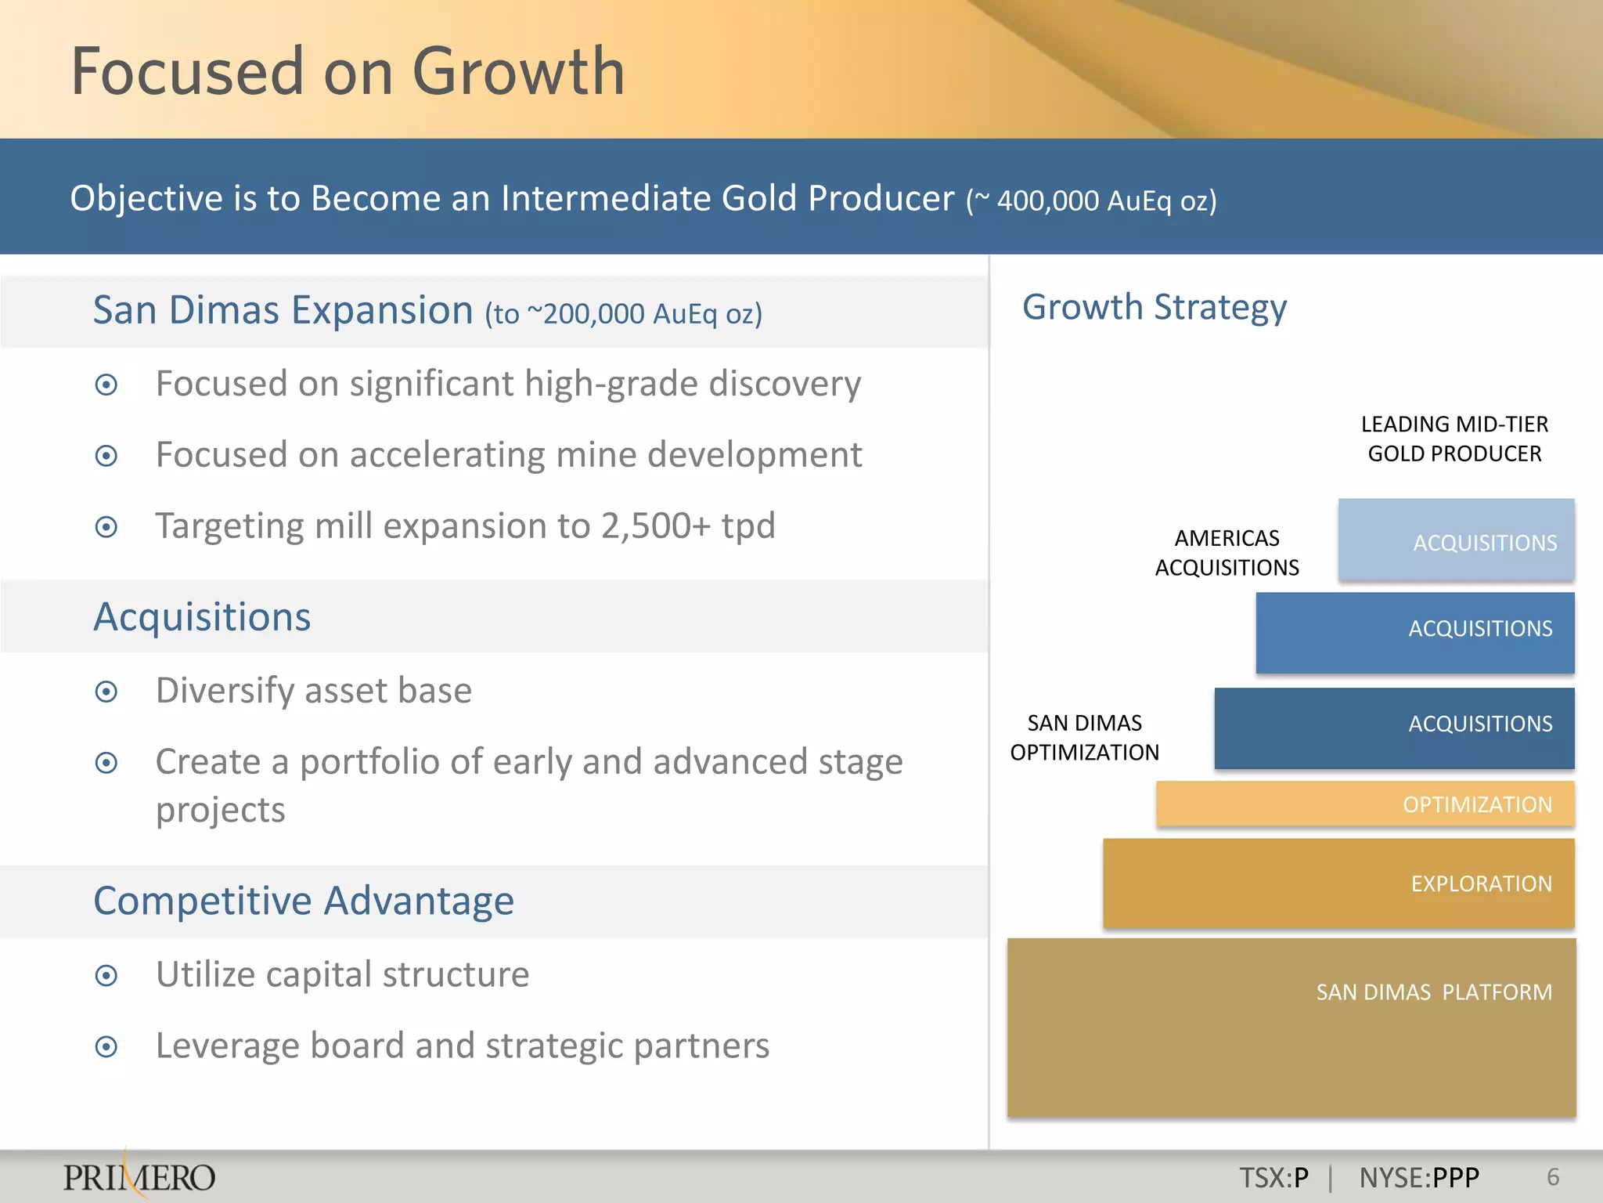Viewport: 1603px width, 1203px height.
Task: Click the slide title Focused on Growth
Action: click(x=348, y=71)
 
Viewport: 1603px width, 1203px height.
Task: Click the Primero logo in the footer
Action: click(x=139, y=1177)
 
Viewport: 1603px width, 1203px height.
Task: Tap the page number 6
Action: click(x=1553, y=1177)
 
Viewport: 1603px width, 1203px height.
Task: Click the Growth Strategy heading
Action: click(x=1154, y=307)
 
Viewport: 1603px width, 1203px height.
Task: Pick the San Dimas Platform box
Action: click(x=1291, y=1027)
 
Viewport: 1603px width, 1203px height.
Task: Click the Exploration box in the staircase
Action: click(x=1338, y=883)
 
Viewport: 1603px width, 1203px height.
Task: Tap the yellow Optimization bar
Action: click(x=1365, y=804)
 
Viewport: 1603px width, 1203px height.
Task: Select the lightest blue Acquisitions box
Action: click(x=1456, y=540)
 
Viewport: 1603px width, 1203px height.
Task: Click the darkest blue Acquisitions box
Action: click(x=1394, y=728)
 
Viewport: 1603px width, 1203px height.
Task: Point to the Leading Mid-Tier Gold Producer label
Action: click(x=1454, y=439)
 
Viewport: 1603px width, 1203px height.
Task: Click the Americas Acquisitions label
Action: click(x=1227, y=553)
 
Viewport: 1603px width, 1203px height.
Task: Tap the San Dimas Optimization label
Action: click(x=1084, y=738)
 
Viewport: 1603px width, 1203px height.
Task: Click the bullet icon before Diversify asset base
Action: click(x=106, y=692)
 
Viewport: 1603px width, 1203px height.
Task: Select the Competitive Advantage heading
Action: click(x=304, y=901)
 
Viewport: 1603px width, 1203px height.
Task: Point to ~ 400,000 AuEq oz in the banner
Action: click(x=1091, y=200)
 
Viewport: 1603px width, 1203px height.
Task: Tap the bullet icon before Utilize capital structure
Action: click(x=106, y=976)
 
